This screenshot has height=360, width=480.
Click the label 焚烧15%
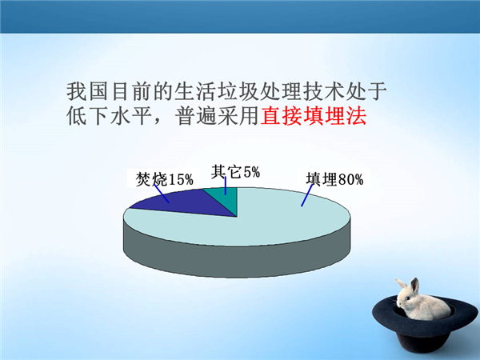point(164,179)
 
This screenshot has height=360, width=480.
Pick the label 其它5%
point(235,172)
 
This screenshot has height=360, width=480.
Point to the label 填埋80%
point(334,179)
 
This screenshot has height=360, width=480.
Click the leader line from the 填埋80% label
point(307,195)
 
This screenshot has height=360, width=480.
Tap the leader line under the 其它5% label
point(226,186)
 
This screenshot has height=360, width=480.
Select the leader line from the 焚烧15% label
point(162,194)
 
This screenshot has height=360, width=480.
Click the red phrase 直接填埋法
point(314,116)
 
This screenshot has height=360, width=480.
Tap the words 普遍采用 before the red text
point(217,116)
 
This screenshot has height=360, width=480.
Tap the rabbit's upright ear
point(414,286)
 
